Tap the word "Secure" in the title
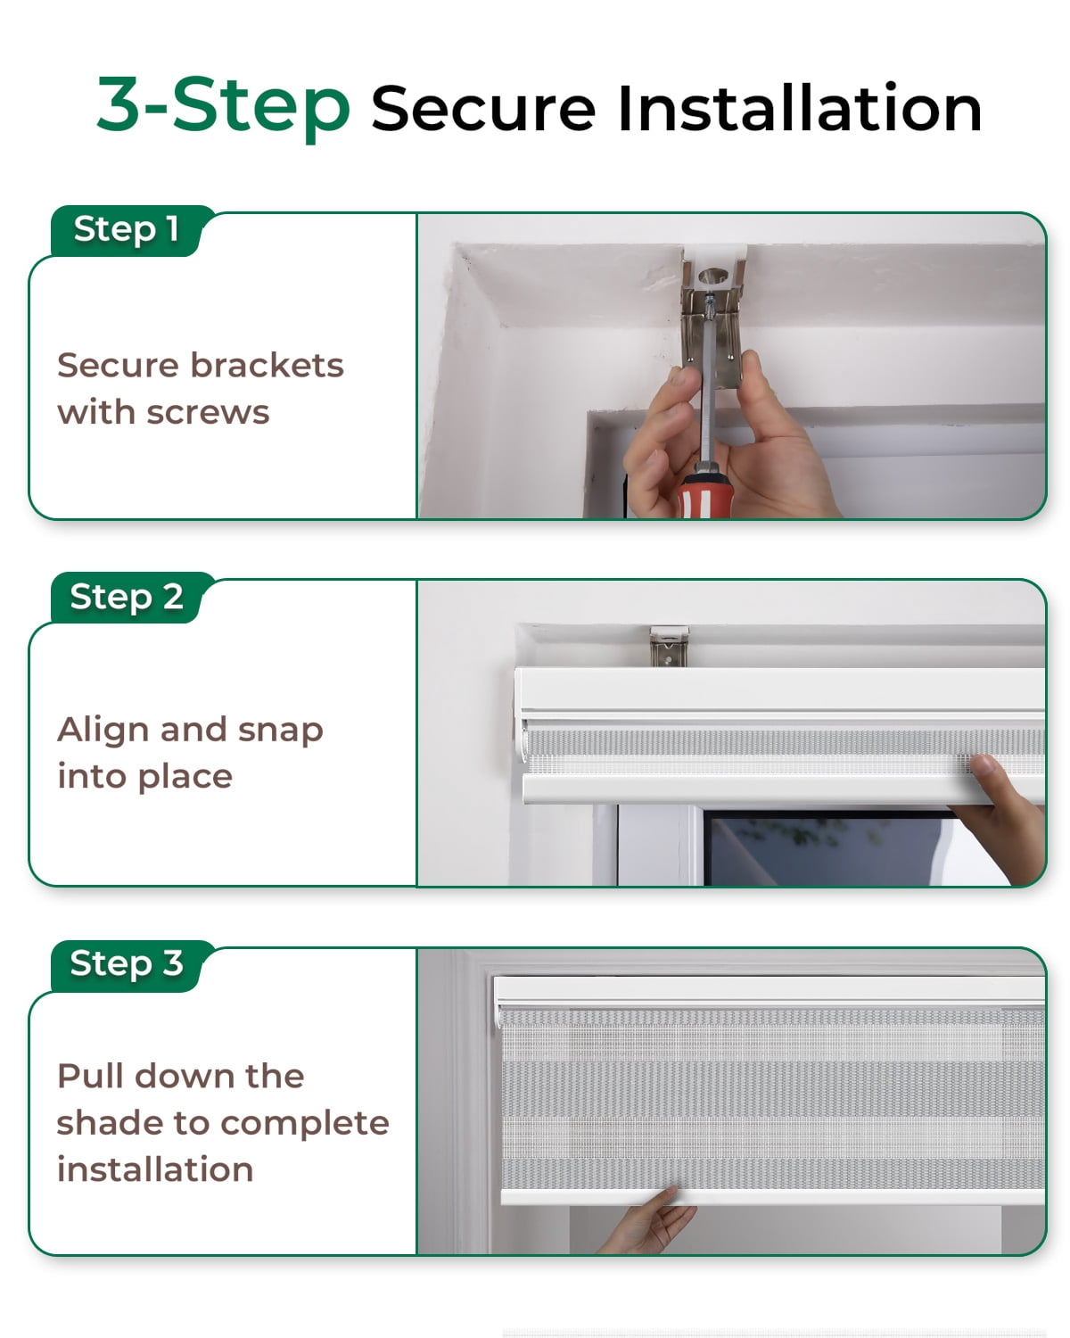[x=483, y=109]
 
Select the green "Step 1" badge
[x=127, y=229]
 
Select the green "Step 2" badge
[x=127, y=596]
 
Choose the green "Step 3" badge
[x=127, y=963]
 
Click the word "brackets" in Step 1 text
[x=267, y=364]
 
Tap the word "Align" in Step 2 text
[x=103, y=730]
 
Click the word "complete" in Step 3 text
[x=305, y=1124]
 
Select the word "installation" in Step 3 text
[x=155, y=1169]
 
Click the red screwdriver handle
[x=704, y=495]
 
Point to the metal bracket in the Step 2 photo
[x=669, y=646]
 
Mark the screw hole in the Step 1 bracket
[x=713, y=276]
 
